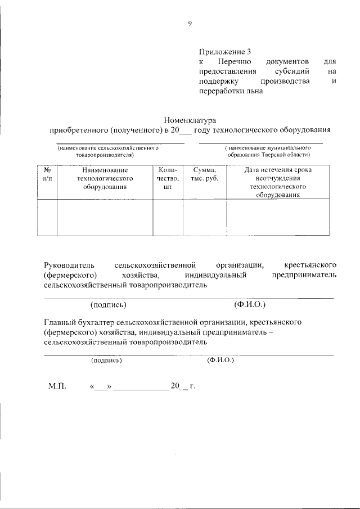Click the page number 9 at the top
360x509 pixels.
click(190, 23)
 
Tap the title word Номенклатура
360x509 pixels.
click(190, 120)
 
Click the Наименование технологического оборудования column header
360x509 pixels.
click(104, 178)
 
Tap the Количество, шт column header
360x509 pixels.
click(167, 178)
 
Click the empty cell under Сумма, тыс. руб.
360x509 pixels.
click(204, 218)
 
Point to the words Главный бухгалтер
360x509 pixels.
click(79, 322)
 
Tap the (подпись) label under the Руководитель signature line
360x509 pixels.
click(108, 305)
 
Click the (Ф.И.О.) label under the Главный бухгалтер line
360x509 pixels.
click(220, 361)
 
